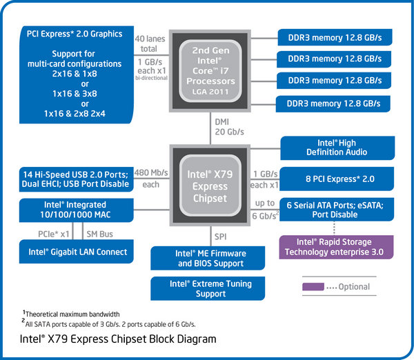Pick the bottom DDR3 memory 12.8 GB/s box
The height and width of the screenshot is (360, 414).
[x=334, y=103]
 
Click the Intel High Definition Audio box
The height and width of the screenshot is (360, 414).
[x=337, y=147]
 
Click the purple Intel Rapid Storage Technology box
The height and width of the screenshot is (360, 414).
[x=334, y=247]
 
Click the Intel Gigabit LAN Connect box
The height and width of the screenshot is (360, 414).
[x=77, y=252]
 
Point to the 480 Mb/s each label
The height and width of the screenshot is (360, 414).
[x=150, y=179]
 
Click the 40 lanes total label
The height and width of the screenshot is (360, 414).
[x=150, y=44]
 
